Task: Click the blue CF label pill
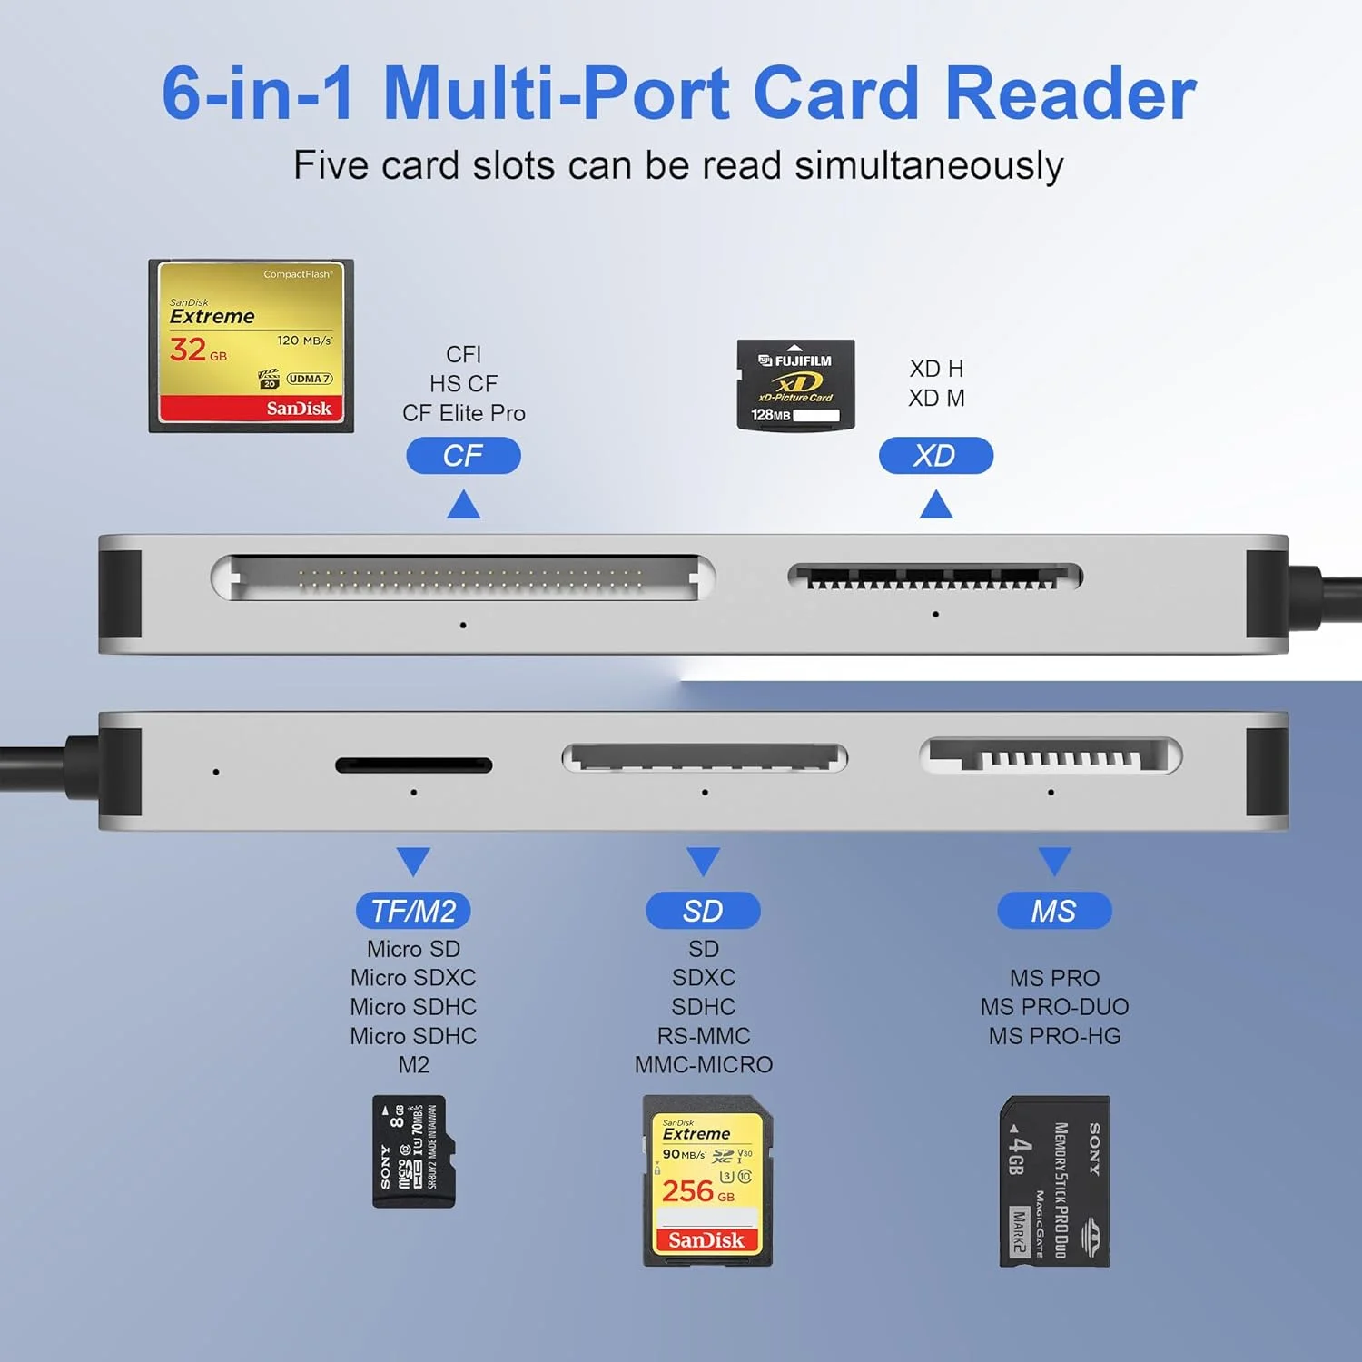pyautogui.click(x=463, y=455)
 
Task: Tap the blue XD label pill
pyautogui.click(x=935, y=455)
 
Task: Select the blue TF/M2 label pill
pyautogui.click(x=413, y=911)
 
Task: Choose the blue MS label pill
pyautogui.click(x=1053, y=911)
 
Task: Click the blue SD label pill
pyautogui.click(x=703, y=911)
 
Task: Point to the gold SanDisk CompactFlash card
pyautogui.click(x=252, y=345)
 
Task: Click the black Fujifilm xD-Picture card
pyautogui.click(x=795, y=385)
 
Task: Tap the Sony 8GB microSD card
pyautogui.click(x=413, y=1151)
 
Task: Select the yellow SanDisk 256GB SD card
pyautogui.click(x=707, y=1180)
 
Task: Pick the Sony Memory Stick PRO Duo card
pyautogui.click(x=1054, y=1180)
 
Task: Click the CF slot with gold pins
pyautogui.click(x=463, y=577)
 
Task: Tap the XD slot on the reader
pyautogui.click(x=935, y=577)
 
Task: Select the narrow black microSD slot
pyautogui.click(x=413, y=765)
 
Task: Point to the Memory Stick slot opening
pyautogui.click(x=1051, y=756)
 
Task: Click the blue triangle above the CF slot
pyautogui.click(x=463, y=506)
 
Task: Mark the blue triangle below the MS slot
pyautogui.click(x=1053, y=859)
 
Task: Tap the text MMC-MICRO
pyautogui.click(x=704, y=1064)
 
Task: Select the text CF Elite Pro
pyautogui.click(x=463, y=413)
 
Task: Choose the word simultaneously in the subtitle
pyautogui.click(x=928, y=166)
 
